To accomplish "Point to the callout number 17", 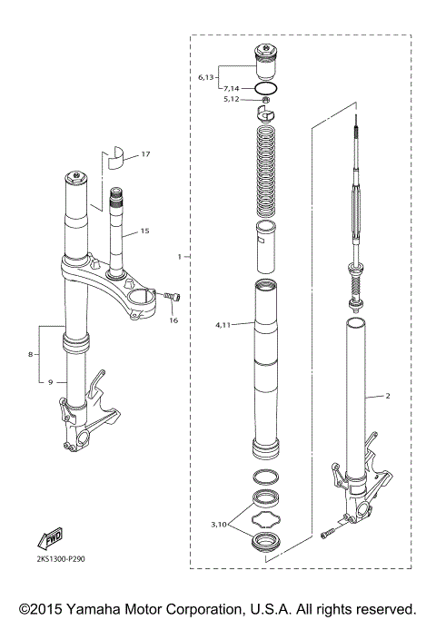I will point(144,156).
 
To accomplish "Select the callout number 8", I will point(33,356).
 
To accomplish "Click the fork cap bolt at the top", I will point(265,61).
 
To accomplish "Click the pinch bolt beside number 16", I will point(170,296).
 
